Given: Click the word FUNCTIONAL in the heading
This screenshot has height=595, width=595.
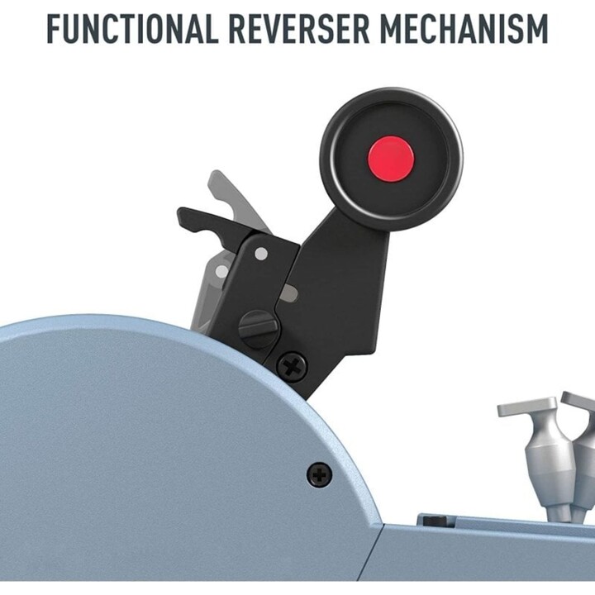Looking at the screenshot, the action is click(132, 29).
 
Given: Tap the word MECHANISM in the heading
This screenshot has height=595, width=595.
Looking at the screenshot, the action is click(464, 29).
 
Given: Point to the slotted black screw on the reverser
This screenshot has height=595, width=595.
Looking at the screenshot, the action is click(258, 329).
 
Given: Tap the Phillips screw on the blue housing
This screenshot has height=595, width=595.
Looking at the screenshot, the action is click(320, 474).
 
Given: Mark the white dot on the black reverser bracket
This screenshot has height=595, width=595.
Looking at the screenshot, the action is click(261, 254).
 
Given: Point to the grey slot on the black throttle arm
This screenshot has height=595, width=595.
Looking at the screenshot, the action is click(288, 293).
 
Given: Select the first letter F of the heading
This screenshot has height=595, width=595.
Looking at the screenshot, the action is click(55, 29).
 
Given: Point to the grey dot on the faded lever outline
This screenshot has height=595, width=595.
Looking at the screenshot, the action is click(222, 272).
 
